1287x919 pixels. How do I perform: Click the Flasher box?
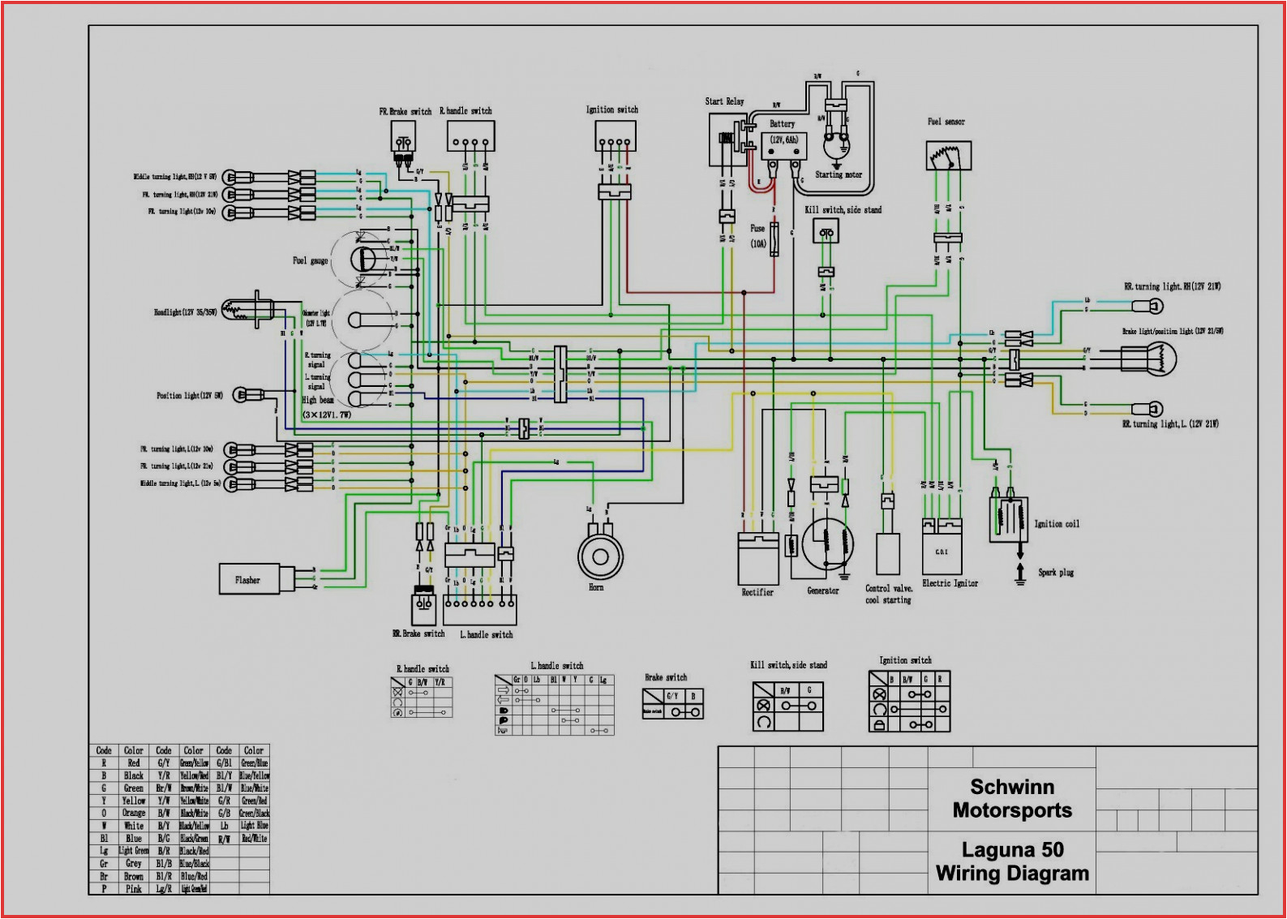[250, 580]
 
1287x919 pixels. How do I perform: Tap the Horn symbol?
[600, 556]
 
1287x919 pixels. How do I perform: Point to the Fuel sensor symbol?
[948, 155]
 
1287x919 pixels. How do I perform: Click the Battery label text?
[782, 124]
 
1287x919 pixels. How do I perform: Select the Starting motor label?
[839, 174]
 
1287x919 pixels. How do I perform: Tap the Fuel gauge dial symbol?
[363, 260]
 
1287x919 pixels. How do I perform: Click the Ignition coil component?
[1008, 519]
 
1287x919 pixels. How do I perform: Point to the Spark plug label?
[1056, 573]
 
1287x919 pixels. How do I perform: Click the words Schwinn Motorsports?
[1012, 799]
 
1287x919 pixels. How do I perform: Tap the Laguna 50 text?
[1012, 850]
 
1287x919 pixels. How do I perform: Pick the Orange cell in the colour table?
[134, 813]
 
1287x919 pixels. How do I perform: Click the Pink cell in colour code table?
[134, 889]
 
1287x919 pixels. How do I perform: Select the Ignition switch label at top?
[611, 110]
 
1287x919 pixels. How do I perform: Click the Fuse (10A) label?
[757, 235]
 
